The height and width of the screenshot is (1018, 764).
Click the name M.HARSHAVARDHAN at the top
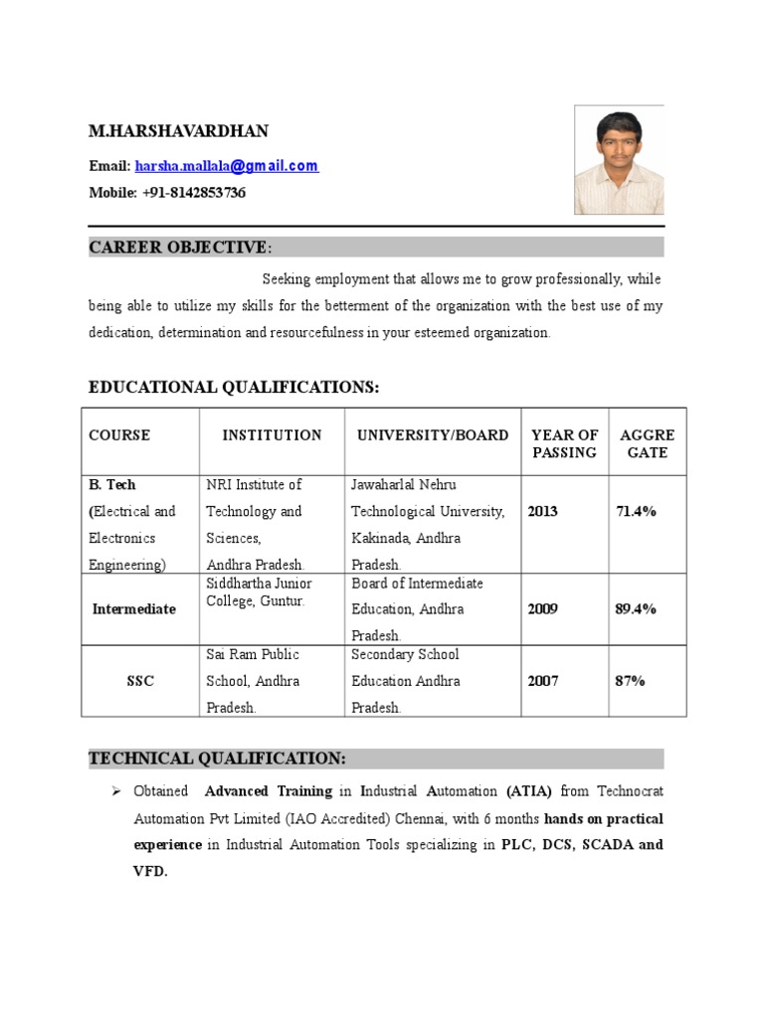[x=178, y=131]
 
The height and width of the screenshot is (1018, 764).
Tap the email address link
[x=234, y=166]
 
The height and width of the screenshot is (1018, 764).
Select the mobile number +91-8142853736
[x=195, y=193]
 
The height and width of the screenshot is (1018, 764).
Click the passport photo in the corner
[x=619, y=161]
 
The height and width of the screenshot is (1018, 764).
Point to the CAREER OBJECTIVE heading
[x=178, y=248]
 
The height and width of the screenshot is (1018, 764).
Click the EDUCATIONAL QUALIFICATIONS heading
[x=234, y=387]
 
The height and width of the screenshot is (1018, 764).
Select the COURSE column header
[x=119, y=435]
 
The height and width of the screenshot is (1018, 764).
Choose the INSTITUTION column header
[x=272, y=435]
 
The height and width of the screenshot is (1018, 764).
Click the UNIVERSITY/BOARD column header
[x=433, y=435]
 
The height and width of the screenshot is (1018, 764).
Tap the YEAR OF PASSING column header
[x=564, y=443]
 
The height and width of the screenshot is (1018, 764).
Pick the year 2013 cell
[x=543, y=512]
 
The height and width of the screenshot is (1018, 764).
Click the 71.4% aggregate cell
[x=636, y=512]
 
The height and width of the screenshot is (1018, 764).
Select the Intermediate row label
[x=134, y=609]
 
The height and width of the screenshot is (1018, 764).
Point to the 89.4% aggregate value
[x=636, y=609]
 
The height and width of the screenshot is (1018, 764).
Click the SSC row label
[x=140, y=682]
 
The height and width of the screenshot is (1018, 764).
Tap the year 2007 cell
[x=543, y=682]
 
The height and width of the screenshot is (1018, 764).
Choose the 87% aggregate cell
[x=630, y=682]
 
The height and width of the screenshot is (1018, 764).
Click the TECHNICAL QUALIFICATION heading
[x=218, y=759]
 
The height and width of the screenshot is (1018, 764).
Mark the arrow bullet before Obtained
[x=114, y=792]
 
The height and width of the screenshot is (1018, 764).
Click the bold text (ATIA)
[x=529, y=792]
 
